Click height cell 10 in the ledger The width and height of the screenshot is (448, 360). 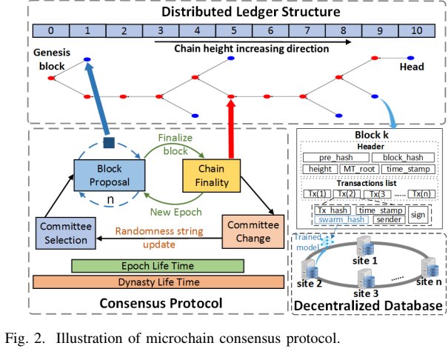click(x=418, y=32)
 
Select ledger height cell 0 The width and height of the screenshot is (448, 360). click(x=49, y=32)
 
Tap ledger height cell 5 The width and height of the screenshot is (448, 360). click(x=233, y=32)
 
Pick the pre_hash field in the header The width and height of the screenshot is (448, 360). click(x=335, y=158)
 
